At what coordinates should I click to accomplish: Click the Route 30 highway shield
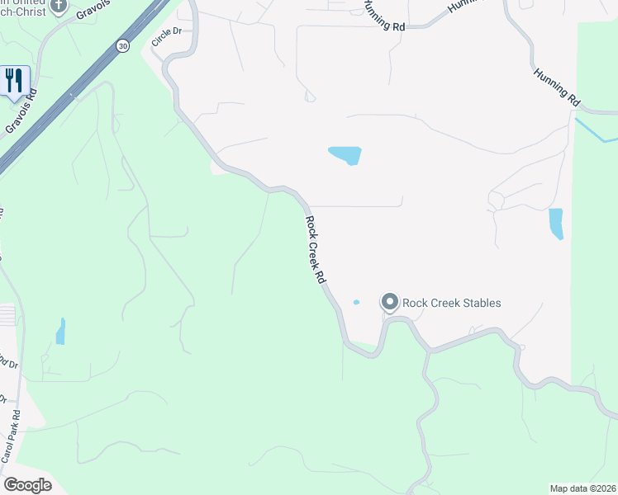(123, 45)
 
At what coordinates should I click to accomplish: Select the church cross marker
(58, 7)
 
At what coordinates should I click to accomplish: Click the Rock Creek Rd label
(315, 250)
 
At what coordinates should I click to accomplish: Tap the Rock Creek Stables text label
(452, 303)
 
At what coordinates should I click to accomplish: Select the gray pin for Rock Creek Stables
(389, 303)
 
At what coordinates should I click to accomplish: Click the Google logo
(27, 485)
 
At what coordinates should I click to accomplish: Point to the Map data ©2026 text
(582, 488)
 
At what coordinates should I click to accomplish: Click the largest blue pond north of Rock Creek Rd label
(346, 154)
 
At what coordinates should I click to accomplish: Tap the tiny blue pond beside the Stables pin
(356, 302)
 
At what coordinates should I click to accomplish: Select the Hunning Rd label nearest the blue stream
(556, 85)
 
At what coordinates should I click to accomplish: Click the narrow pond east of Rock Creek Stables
(556, 223)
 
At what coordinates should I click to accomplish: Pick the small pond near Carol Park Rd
(60, 332)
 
